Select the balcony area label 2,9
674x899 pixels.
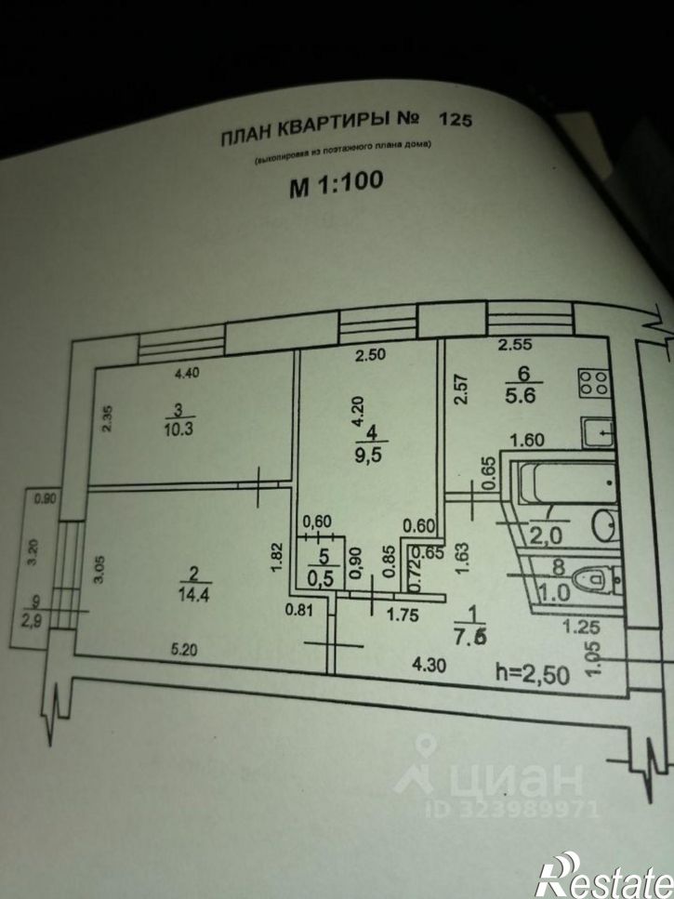pyautogui.click(x=38, y=619)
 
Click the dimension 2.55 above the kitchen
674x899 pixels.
pyautogui.click(x=514, y=345)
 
